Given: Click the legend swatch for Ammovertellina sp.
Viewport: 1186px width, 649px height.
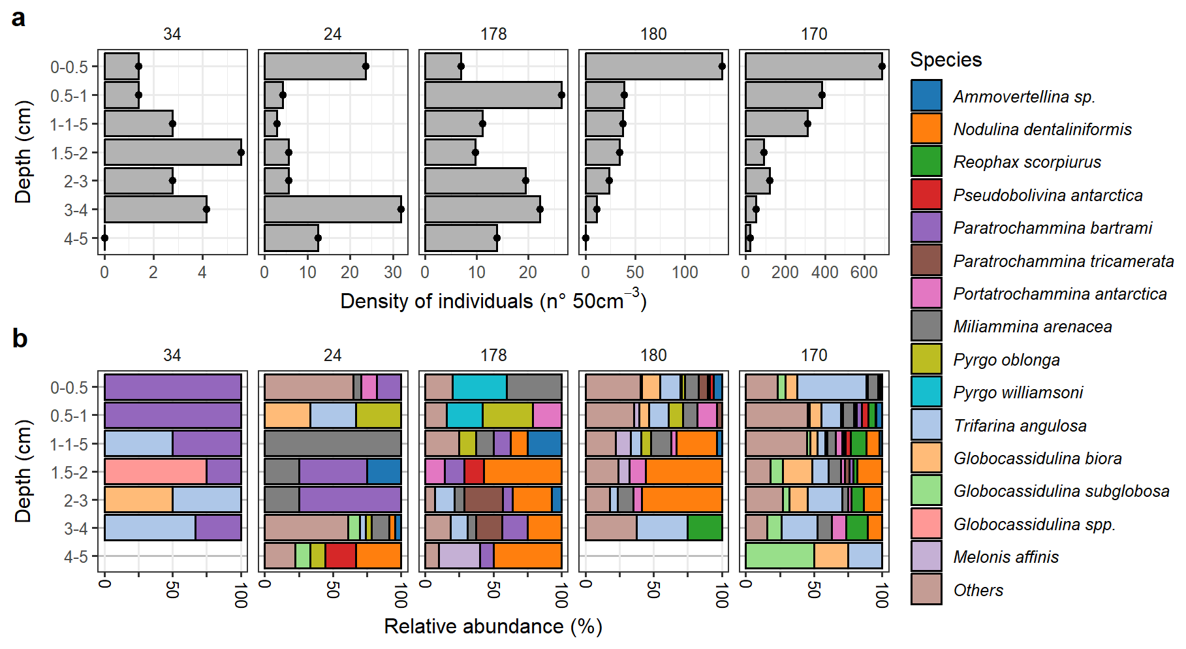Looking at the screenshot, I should pyautogui.click(x=926, y=95).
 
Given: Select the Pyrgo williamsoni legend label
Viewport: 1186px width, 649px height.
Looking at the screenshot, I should pyautogui.click(x=1018, y=392).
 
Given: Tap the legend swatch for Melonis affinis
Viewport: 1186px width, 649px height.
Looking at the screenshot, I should pyautogui.click(x=926, y=556).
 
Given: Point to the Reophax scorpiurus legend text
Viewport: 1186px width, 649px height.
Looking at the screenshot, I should pyautogui.click(x=1027, y=162).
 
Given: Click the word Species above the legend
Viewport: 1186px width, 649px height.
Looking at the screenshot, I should pyautogui.click(x=946, y=60).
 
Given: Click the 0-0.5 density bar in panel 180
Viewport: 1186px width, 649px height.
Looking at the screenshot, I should pyautogui.click(x=653, y=67).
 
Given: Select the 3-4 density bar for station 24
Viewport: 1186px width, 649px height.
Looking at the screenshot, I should pyautogui.click(x=332, y=210).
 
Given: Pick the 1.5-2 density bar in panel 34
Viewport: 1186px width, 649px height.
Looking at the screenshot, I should pyautogui.click(x=172, y=152).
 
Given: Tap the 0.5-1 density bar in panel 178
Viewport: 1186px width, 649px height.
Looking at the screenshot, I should pyautogui.click(x=493, y=95).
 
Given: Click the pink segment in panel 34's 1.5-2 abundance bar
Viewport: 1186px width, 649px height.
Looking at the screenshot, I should pyautogui.click(x=155, y=471).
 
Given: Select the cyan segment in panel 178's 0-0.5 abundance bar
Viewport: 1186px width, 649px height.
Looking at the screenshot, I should pyautogui.click(x=480, y=387).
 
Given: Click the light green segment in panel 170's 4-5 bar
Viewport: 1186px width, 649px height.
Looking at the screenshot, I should pyautogui.click(x=779, y=556).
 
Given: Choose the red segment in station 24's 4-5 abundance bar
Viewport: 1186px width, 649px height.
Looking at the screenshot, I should pyautogui.click(x=340, y=556).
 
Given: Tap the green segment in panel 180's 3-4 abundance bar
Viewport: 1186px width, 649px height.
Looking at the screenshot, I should pyautogui.click(x=705, y=528).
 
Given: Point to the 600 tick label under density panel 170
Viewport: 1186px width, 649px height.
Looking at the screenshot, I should pyautogui.click(x=864, y=272).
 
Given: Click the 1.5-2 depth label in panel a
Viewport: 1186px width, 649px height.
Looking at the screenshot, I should pyautogui.click(x=69, y=153).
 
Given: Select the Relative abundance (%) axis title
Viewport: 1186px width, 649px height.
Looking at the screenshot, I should pyautogui.click(x=493, y=627).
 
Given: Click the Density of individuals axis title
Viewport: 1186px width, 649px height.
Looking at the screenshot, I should pyautogui.click(x=493, y=301).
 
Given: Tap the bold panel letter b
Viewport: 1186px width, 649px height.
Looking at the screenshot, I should pyautogui.click(x=20, y=339).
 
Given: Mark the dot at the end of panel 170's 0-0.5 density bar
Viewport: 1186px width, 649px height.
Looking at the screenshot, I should pyautogui.click(x=882, y=66).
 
